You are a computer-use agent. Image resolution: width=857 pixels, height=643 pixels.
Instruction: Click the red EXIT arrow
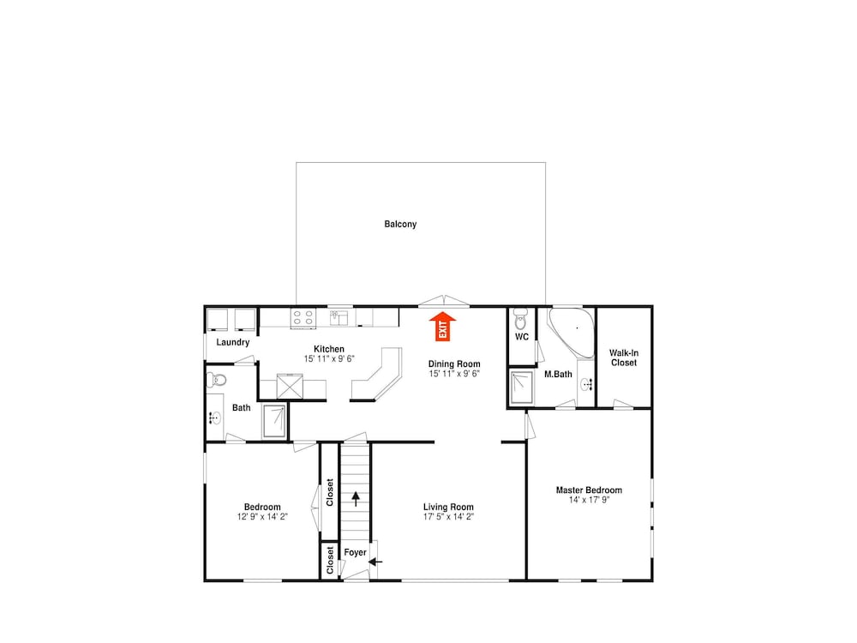[442, 327]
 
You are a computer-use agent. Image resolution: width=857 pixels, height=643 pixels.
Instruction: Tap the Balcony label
[400, 224]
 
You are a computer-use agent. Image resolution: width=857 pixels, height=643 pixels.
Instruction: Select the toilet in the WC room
[520, 320]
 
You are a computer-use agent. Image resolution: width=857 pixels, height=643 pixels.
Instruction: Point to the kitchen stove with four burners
[303, 318]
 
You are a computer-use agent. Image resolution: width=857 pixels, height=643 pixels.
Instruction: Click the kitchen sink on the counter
[339, 317]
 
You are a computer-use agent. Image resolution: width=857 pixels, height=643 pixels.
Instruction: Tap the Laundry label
[233, 342]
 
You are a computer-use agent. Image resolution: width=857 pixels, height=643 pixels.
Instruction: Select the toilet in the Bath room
[217, 379]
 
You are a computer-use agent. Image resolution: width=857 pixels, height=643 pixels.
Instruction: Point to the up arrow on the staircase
[356, 499]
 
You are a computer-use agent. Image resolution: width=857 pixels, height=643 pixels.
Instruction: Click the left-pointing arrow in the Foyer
[375, 561]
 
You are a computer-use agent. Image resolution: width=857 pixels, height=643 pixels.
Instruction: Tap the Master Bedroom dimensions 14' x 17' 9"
[590, 500]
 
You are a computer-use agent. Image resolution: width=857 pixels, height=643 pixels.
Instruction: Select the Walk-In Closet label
[624, 358]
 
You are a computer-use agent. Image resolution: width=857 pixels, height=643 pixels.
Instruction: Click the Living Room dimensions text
[448, 517]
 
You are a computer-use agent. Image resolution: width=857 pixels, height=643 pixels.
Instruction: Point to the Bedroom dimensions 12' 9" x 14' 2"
[262, 517]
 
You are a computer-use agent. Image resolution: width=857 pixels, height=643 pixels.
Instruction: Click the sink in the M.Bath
[587, 384]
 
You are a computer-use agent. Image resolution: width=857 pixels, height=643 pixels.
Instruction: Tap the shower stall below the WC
[521, 388]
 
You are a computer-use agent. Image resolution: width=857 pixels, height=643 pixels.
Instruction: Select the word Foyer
[356, 553]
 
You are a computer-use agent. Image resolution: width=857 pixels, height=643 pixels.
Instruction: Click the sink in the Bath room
[215, 418]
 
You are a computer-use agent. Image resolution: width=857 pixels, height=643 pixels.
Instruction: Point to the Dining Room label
[454, 364]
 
